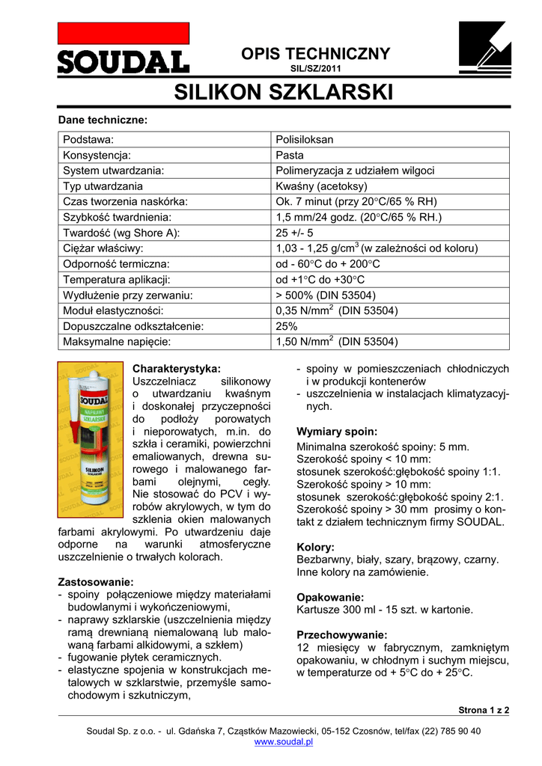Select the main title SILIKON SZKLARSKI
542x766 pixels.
284,93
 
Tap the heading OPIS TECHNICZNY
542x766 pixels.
315,54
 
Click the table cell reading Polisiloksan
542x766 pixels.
305,140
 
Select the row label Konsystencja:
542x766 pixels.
97,156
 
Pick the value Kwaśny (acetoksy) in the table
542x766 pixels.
322,186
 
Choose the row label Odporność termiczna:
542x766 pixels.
116,264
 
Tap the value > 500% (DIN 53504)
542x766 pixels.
326,295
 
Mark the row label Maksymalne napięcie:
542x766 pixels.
118,342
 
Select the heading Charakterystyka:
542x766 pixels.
177,369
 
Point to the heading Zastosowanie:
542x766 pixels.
96,582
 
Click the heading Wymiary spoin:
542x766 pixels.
337,432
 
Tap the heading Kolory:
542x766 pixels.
316,547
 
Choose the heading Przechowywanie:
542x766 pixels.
342,634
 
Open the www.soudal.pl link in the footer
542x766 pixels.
284,742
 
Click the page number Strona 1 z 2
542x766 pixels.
483,710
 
